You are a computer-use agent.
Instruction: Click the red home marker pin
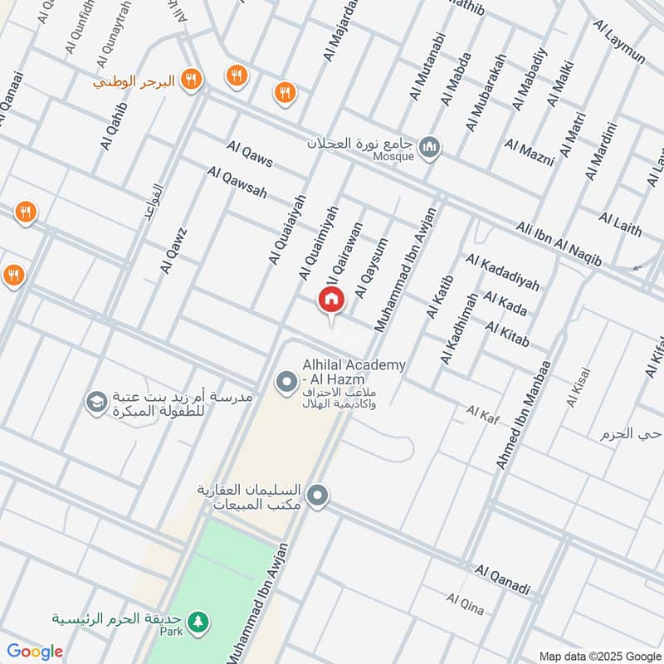point(331,300)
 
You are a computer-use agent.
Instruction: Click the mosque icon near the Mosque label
point(429,149)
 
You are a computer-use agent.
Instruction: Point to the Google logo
point(35,652)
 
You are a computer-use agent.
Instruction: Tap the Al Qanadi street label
point(502,579)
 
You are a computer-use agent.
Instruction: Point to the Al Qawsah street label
point(238,182)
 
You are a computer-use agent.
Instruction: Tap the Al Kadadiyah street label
point(502,273)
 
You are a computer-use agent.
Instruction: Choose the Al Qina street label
point(465,603)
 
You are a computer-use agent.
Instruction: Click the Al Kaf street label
point(481,411)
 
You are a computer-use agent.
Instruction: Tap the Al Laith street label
point(620,223)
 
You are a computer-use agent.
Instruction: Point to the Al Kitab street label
point(507,335)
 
